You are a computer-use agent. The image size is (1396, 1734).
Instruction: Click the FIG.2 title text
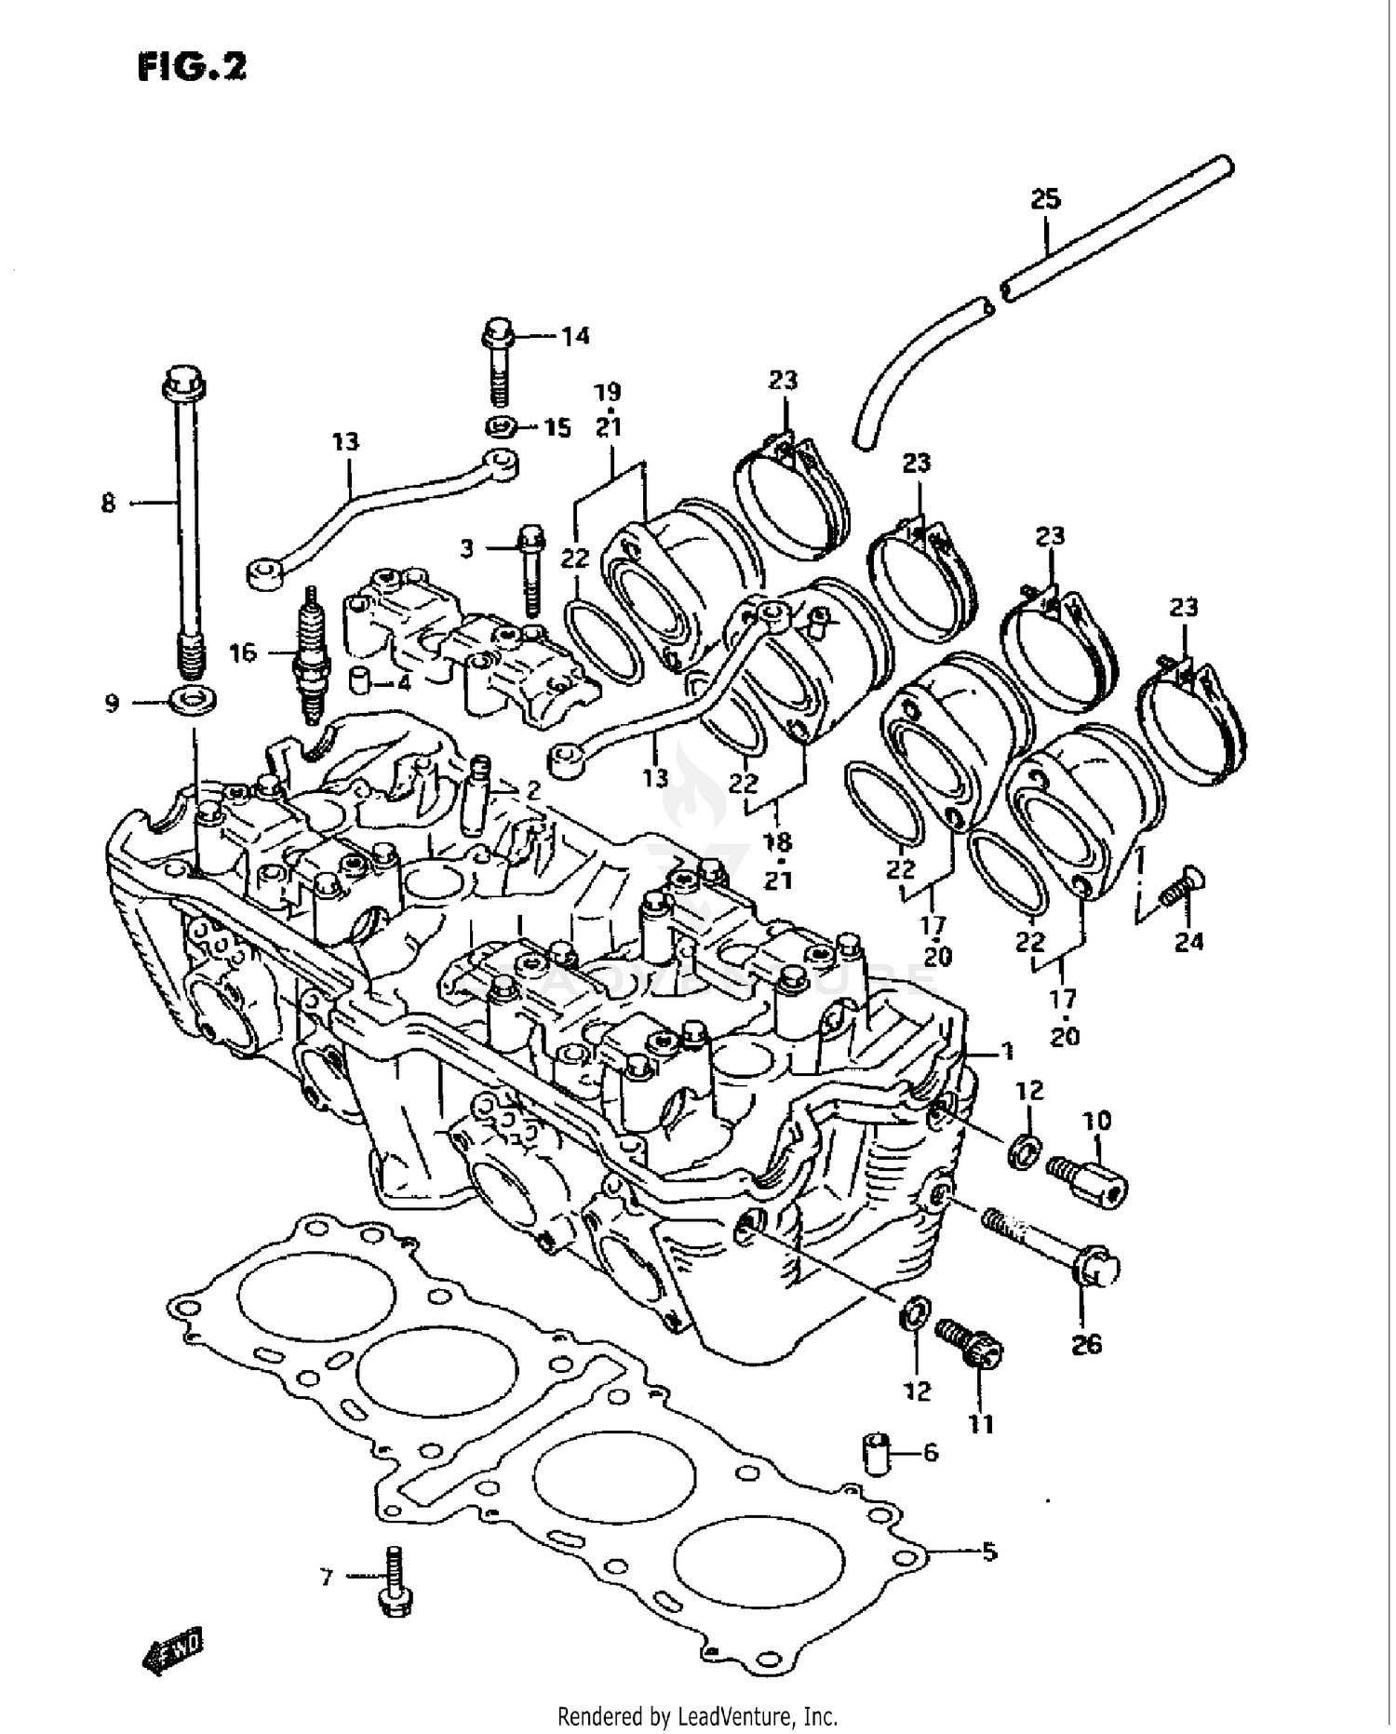192,66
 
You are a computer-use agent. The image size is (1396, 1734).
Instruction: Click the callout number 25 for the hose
1045,198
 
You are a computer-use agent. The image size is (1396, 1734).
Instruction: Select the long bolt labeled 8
185,521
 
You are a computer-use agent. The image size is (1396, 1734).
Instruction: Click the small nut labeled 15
501,428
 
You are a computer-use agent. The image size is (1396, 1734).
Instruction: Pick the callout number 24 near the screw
1188,942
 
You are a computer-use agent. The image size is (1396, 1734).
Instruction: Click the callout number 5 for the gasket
988,1552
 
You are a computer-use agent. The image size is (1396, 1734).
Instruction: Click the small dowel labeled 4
360,680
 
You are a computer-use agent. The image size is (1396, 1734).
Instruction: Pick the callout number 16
242,653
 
